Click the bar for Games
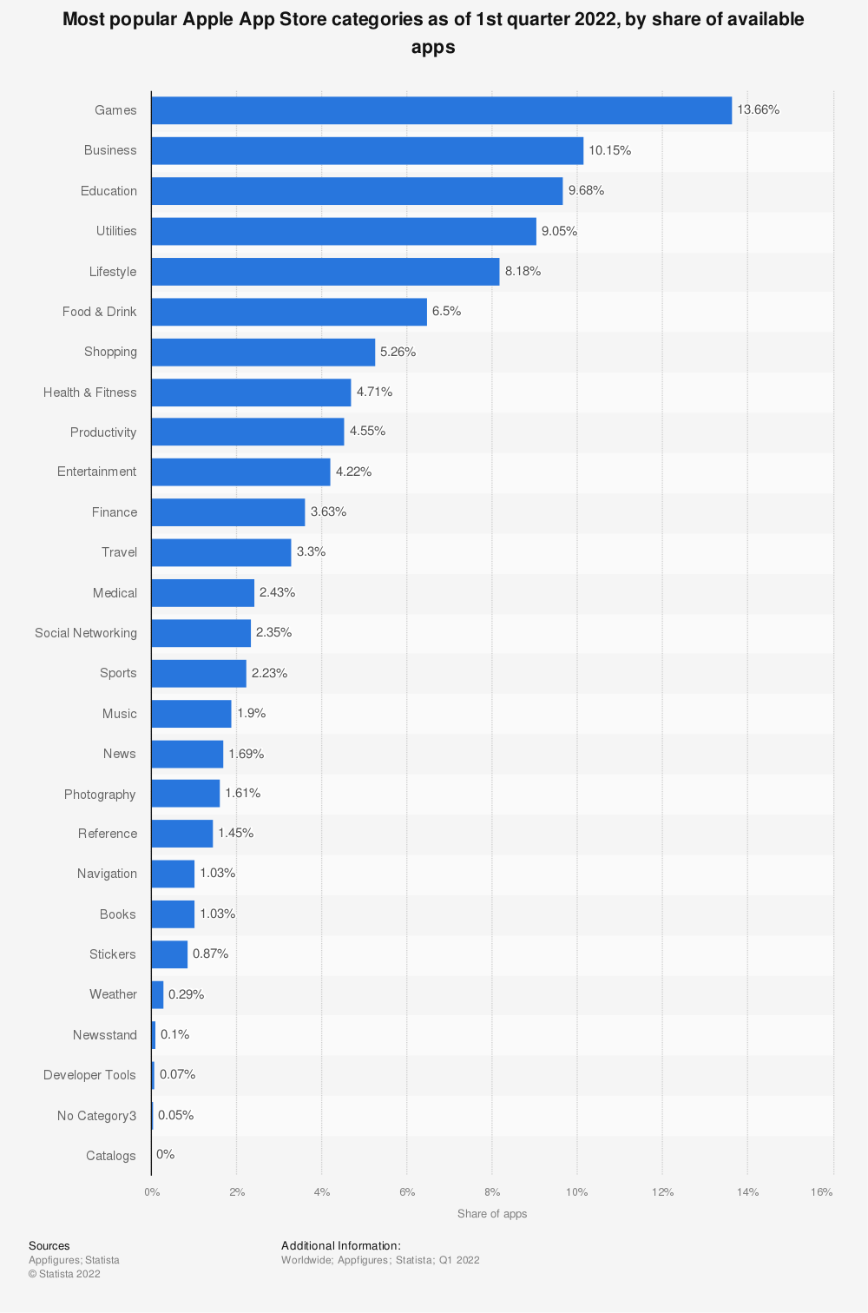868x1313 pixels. [441, 110]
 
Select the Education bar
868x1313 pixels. [357, 191]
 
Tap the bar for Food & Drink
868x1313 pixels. [289, 312]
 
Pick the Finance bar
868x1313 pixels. [228, 512]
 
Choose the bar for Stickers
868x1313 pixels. [169, 954]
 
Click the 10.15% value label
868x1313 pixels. [610, 150]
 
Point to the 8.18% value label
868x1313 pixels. [523, 271]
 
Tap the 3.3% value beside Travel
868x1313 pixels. [311, 551]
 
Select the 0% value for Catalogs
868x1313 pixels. [165, 1154]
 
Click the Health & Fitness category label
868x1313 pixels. [90, 393]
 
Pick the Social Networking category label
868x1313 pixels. [86, 633]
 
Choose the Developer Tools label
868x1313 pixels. [90, 1075]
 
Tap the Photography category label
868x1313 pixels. [100, 795]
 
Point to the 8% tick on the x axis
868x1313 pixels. [492, 1192]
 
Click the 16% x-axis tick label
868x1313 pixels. [822, 1192]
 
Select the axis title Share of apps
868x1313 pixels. [492, 1214]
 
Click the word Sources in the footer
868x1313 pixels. [49, 1246]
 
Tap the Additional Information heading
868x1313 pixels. [341, 1246]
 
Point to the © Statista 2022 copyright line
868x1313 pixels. [64, 1274]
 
